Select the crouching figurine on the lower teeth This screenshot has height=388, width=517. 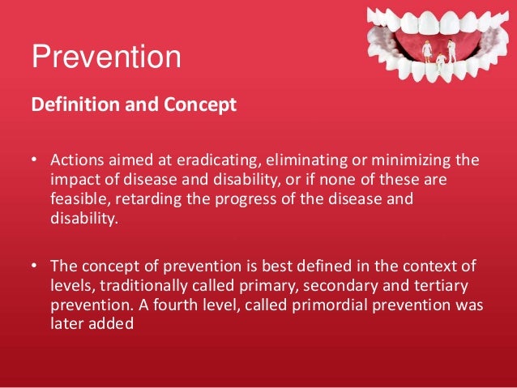click(441, 59)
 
